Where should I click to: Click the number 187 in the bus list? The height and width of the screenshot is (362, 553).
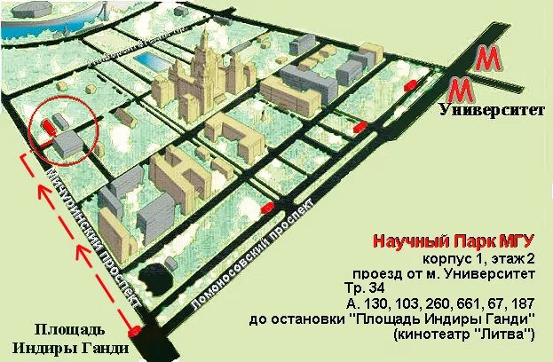[x=520, y=303]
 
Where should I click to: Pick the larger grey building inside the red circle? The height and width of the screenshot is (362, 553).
[x=68, y=142]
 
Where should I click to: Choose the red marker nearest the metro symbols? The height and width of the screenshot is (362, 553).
[x=410, y=85]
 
